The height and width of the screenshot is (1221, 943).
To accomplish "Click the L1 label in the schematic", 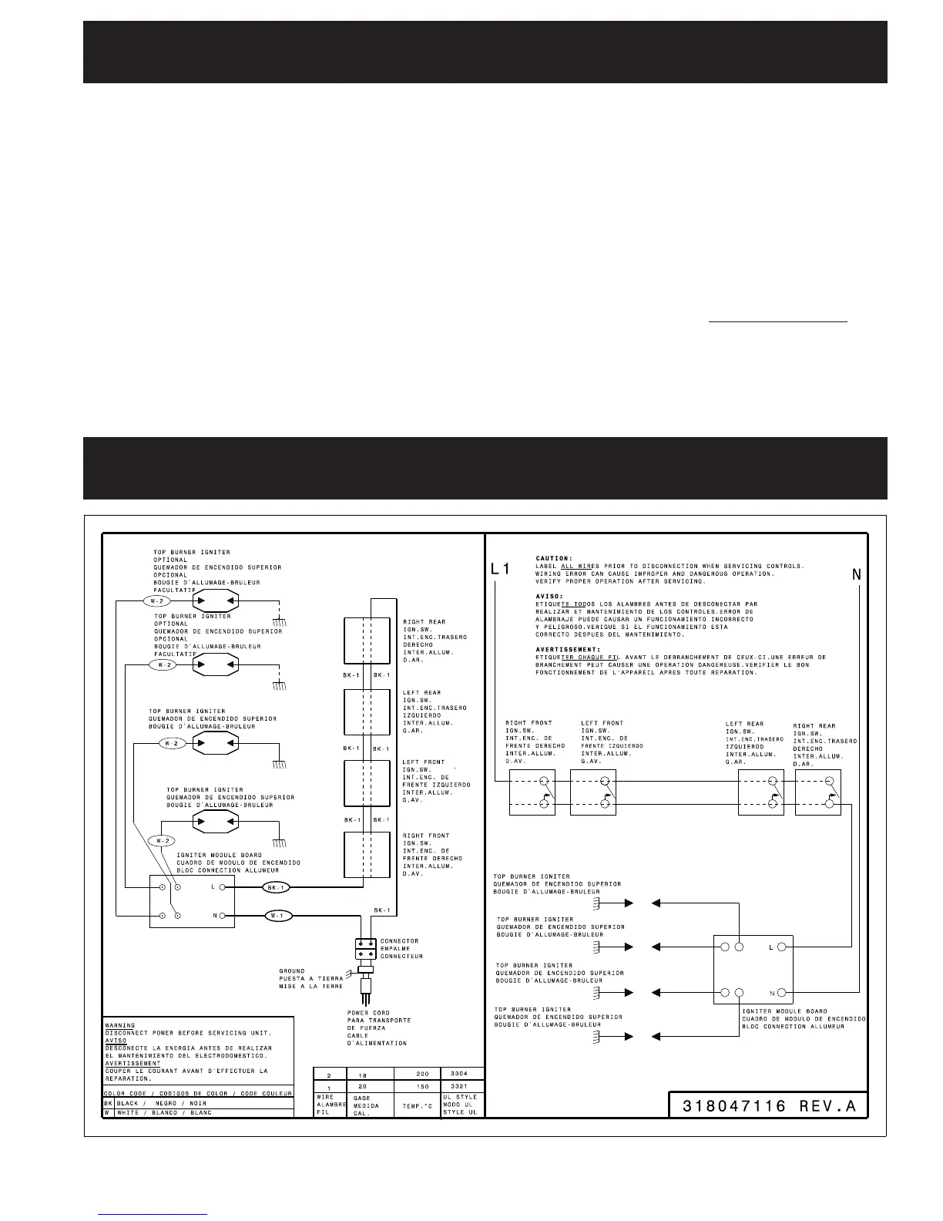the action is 500,570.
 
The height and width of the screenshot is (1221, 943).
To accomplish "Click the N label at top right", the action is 857,574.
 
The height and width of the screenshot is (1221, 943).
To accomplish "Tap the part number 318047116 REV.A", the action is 769,1106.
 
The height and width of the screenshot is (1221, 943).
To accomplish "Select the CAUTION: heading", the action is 554,558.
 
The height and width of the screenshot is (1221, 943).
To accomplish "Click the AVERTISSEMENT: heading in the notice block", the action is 568,650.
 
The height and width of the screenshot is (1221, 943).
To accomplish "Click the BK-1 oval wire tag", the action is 276,887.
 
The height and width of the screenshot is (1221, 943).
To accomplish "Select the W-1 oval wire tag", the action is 278,916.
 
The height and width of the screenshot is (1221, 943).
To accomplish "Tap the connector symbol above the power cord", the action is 365,948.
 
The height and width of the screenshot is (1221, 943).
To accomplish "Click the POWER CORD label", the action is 368,1013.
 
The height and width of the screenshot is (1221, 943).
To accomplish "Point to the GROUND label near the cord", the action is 292,971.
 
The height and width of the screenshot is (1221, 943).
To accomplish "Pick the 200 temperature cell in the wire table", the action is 422,1073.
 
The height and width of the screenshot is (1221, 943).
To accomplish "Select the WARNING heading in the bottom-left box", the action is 119,1026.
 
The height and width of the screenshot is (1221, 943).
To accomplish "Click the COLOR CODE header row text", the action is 198,1093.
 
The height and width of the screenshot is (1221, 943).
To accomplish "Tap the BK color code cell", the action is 109,1103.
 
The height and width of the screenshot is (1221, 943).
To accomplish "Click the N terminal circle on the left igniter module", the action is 223,916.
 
